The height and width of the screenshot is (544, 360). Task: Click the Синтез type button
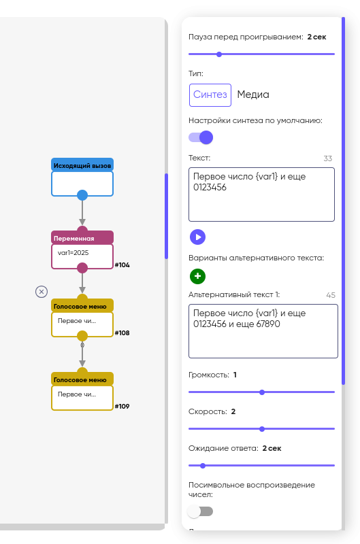(210, 95)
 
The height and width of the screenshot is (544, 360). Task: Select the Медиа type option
(253, 95)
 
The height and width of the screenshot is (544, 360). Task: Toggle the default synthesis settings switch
(201, 137)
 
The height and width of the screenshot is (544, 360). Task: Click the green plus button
(197, 276)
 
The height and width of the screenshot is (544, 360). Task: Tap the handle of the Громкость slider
(262, 392)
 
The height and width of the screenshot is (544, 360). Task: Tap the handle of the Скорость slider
(262, 429)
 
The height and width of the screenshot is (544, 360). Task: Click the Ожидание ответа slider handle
(203, 466)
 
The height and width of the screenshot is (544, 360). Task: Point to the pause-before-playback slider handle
(219, 54)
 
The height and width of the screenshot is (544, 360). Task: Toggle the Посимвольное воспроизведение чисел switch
(200, 511)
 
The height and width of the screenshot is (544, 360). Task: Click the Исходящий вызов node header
(82, 165)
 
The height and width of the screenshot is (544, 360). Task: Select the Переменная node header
(82, 238)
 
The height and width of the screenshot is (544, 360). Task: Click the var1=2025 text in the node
(73, 253)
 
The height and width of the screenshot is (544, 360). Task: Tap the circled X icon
(42, 292)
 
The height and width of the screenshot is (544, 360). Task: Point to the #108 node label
(122, 333)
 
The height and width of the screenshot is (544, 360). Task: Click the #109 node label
(122, 406)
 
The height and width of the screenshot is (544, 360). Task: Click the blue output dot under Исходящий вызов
(82, 195)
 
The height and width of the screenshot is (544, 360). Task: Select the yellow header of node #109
(82, 379)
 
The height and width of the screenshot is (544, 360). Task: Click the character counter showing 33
(328, 158)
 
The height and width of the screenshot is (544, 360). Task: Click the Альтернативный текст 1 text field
(263, 331)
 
